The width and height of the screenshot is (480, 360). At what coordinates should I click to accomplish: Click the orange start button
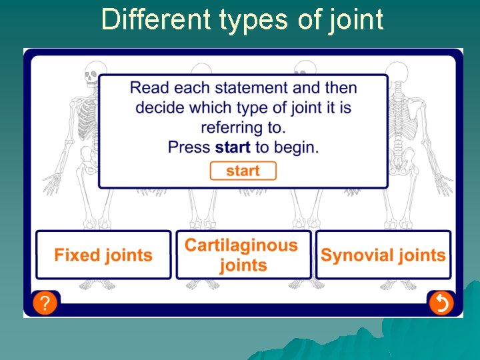[243, 171]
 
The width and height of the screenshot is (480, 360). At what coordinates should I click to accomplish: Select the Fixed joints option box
[103, 255]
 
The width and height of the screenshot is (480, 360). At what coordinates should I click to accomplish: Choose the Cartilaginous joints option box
[243, 255]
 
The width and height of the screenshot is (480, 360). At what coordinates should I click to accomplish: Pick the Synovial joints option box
[383, 255]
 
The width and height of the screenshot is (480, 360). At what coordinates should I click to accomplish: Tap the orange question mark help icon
[44, 303]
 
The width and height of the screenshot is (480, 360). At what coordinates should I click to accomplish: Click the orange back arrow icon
[441, 303]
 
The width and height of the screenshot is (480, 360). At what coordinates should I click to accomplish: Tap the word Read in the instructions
[147, 87]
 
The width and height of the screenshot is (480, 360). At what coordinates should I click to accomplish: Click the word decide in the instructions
[160, 107]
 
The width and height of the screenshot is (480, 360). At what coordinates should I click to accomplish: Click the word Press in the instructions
[189, 147]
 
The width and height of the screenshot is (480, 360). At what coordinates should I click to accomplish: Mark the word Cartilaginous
[241, 245]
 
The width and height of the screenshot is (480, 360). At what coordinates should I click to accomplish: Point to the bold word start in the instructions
[233, 147]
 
